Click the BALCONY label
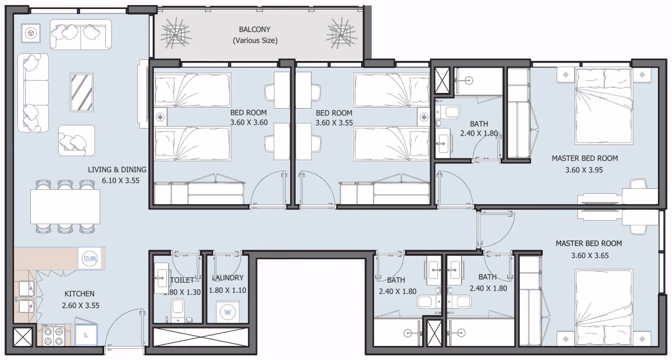254,30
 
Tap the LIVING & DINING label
117,170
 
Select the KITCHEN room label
80,294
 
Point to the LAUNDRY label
228,278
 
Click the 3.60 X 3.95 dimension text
584,170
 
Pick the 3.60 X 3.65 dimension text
590,256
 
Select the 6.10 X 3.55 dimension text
120,181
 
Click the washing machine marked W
228,312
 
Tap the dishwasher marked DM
90,258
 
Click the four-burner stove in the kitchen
53,335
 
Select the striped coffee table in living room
82,92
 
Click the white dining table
65,207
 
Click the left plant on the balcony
175,33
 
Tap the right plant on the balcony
342,33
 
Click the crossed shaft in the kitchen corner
23,336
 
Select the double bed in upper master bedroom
604,106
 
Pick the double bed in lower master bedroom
604,307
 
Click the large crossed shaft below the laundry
201,337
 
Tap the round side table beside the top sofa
31,33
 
